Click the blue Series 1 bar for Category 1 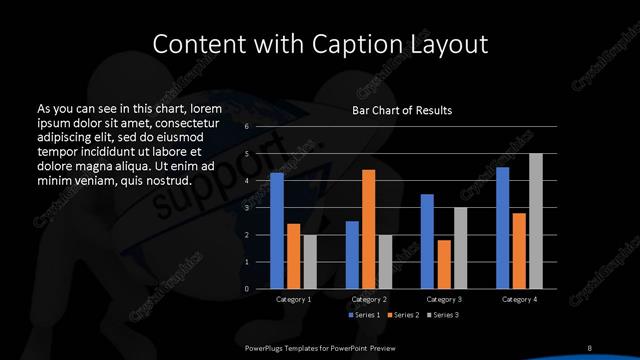(x=277, y=231)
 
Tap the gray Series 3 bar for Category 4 (x=536, y=221)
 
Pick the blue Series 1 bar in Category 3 (x=427, y=241)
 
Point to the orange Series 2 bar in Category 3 (x=443, y=264)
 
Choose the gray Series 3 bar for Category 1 (x=309, y=262)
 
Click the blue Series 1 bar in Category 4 (x=502, y=228)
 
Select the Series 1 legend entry (x=364, y=314)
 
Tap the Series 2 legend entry (x=401, y=314)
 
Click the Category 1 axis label (x=293, y=299)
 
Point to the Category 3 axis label (x=443, y=299)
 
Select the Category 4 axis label (x=519, y=299)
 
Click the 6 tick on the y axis (x=246, y=127)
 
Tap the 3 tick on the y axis (x=246, y=208)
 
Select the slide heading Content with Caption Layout (x=319, y=44)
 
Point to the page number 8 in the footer (x=590, y=347)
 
